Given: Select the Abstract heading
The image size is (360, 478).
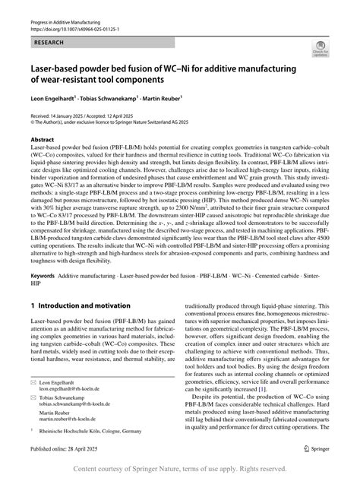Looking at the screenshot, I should (x=43, y=141).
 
